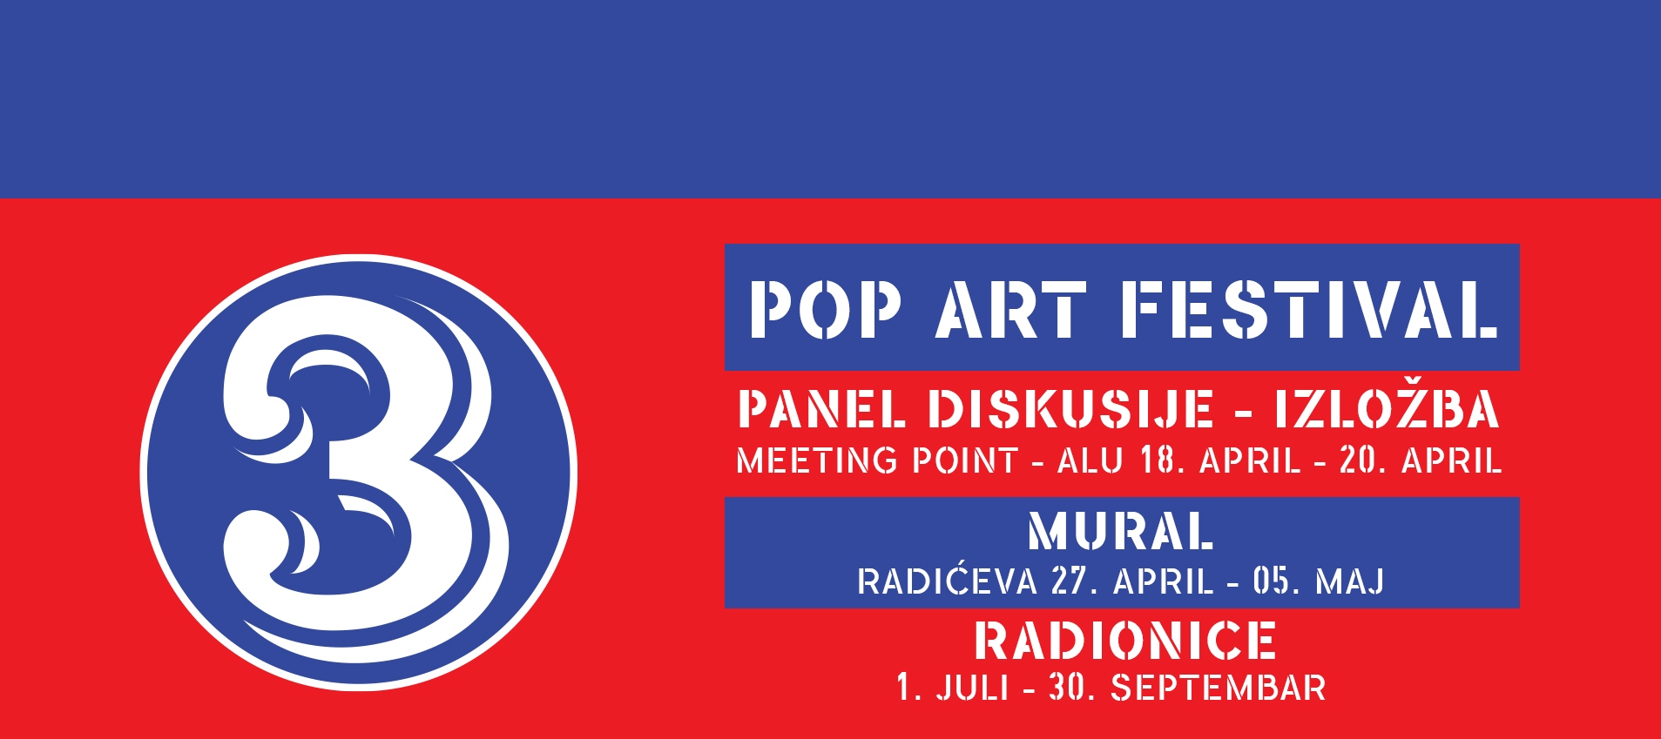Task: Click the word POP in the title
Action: pyautogui.click(x=824, y=309)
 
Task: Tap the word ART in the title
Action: pyautogui.click(x=1011, y=309)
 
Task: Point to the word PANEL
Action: pyautogui.click(x=821, y=409)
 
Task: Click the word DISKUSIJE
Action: pyautogui.click(x=1070, y=409)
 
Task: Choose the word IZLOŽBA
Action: pyautogui.click(x=1387, y=409)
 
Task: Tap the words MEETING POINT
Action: pyautogui.click(x=877, y=460)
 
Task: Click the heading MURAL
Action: pyautogui.click(x=1121, y=532)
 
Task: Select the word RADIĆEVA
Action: pyautogui.click(x=947, y=581)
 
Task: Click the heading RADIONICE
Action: pyautogui.click(x=1125, y=642)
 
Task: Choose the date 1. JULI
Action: pyautogui.click(x=953, y=689)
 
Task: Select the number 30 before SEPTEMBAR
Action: pyautogui.click(x=1068, y=689)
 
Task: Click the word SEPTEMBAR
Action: pyautogui.click(x=1218, y=689)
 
